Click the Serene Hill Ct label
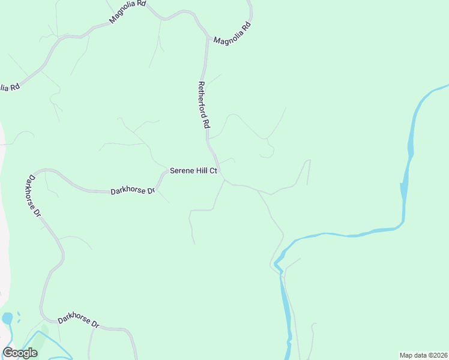[x=193, y=171]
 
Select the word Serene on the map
[x=181, y=171]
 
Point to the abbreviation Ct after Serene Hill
[x=212, y=171]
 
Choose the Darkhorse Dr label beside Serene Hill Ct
[x=133, y=191]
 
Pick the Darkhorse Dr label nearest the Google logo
[x=79, y=322]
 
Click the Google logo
[x=20, y=353]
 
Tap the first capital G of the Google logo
[x=8, y=353]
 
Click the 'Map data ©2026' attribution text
[x=424, y=355]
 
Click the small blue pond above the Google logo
[x=7, y=318]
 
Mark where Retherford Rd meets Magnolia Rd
[x=208, y=40]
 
